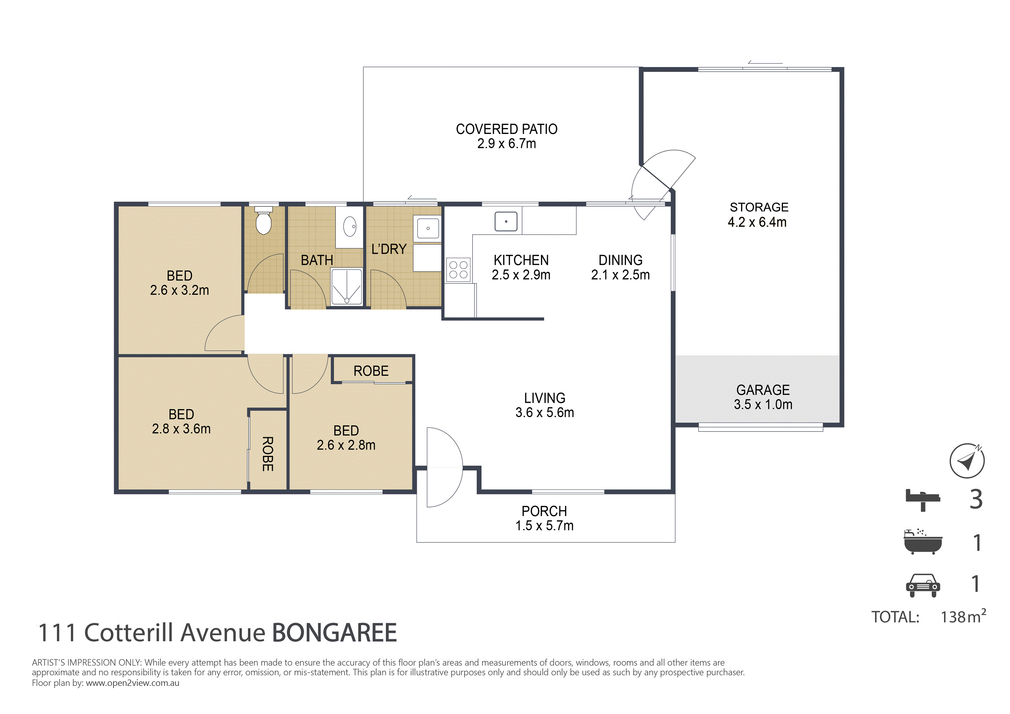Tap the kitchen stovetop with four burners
[458, 270]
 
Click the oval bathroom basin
[350, 227]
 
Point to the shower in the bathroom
[347, 287]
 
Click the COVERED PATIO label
[507, 129]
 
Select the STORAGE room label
[759, 207]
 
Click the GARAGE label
[763, 390]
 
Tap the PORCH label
[544, 511]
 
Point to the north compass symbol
[967, 461]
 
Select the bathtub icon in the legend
[923, 542]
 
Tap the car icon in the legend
[923, 585]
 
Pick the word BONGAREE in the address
[334, 633]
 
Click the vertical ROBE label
[267, 453]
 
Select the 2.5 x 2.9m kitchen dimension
[521, 275]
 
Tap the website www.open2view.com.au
[132, 683]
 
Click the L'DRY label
[389, 249]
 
